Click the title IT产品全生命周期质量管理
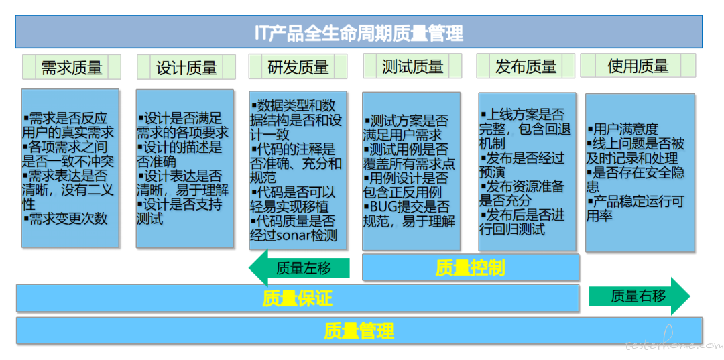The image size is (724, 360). tap(359, 32)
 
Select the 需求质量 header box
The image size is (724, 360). tap(72, 67)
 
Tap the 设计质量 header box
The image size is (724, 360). tap(186, 67)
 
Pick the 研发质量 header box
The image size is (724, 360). tap(298, 66)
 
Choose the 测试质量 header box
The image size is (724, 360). tap(412, 66)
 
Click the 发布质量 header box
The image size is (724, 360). tap(526, 66)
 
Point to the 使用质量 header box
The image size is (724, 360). tap(638, 66)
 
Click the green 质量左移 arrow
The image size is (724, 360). tap(299, 268)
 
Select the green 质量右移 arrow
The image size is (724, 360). tap(640, 296)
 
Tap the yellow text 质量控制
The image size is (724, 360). tap(470, 267)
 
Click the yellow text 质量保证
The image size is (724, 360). tap(298, 299)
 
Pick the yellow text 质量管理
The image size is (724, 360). tap(359, 331)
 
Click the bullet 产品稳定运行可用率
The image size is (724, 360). tap(635, 208)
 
